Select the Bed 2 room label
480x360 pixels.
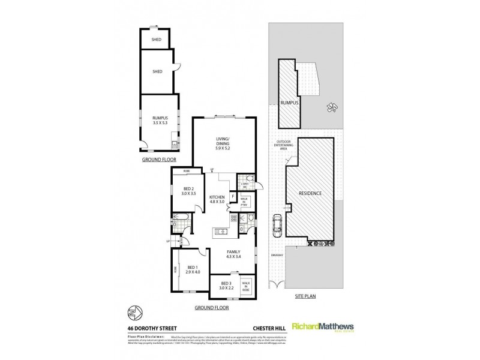(190, 193)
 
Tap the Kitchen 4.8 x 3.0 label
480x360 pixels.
(217, 199)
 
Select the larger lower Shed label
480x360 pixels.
(157, 71)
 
